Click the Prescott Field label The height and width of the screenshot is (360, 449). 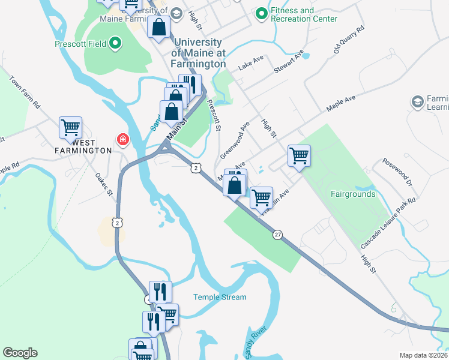click(80, 44)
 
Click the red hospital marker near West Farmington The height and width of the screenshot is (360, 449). click(123, 140)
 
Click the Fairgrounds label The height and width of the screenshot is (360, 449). click(353, 194)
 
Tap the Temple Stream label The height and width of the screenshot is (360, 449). click(220, 297)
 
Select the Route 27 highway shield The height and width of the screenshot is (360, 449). click(277, 234)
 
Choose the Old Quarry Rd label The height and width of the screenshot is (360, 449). click(349, 40)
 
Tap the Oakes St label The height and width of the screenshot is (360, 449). click(104, 185)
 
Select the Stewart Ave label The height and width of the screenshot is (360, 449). click(290, 62)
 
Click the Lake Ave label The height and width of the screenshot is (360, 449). click(251, 65)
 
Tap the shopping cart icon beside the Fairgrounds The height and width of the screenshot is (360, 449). click(299, 155)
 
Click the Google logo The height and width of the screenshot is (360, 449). click(20, 353)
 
